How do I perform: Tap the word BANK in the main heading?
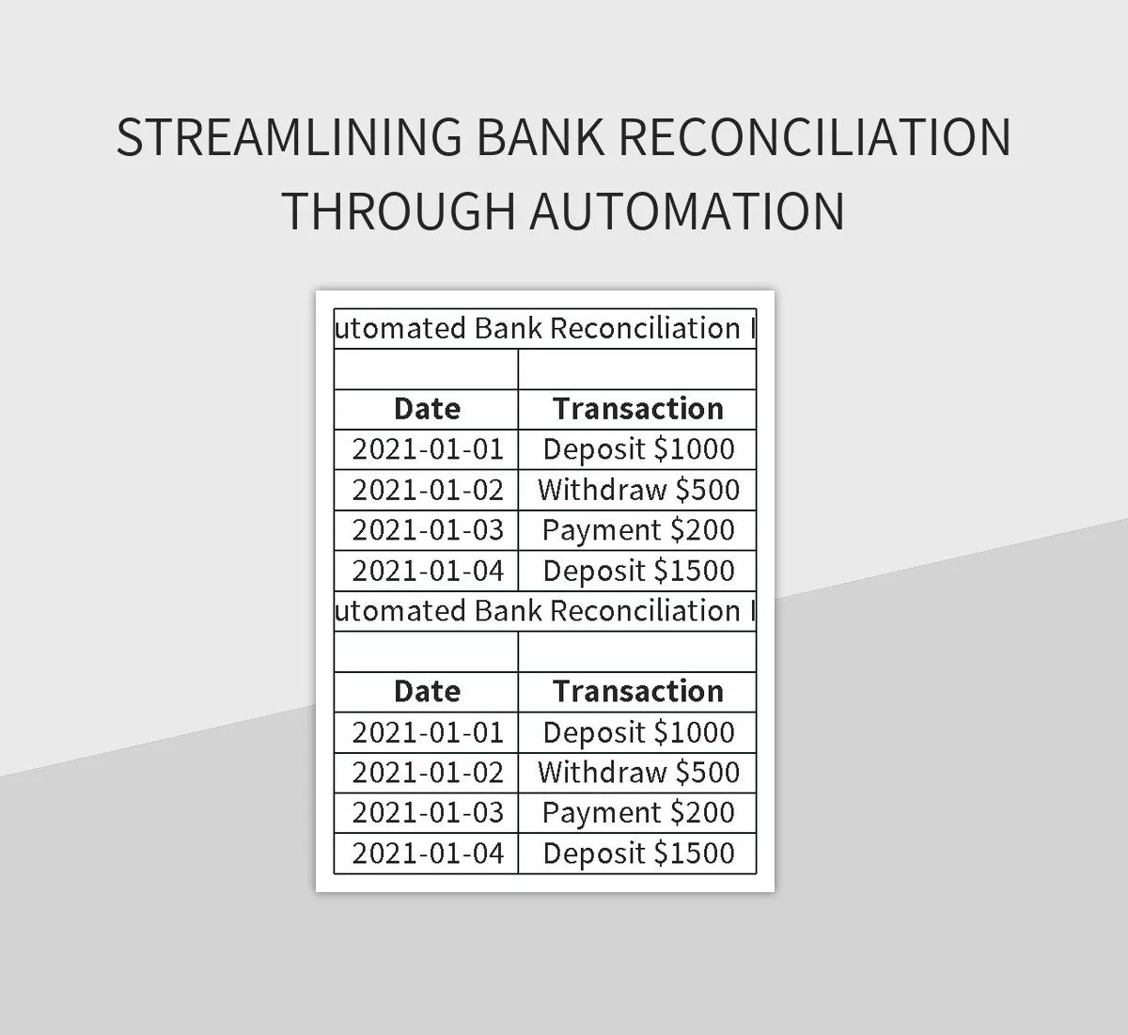pos(539,137)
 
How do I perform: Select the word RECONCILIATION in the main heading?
pos(815,137)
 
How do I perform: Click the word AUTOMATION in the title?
pos(687,211)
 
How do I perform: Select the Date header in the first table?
pos(427,409)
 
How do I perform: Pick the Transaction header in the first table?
pos(637,409)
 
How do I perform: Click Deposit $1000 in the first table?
pos(638,449)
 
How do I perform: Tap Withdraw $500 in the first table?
pos(638,490)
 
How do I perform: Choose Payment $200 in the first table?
pos(638,530)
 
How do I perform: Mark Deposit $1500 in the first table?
pos(638,571)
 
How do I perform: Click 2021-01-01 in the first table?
pos(428,449)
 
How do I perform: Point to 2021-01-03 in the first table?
pos(428,530)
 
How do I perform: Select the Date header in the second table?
pos(427,692)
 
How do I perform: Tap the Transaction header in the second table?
pos(637,692)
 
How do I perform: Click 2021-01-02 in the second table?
pos(428,773)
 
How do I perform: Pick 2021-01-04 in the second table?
pos(428,854)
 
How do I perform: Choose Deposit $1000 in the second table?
pos(638,732)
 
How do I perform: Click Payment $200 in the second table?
pos(638,813)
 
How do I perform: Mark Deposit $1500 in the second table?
pos(638,854)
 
